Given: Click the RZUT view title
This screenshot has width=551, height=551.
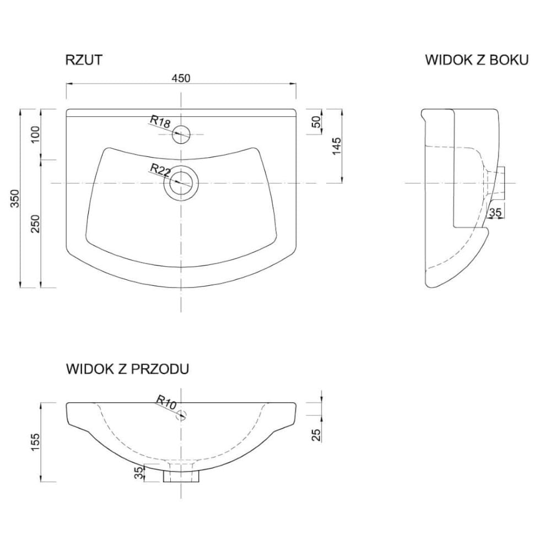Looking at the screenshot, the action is pos(84,60).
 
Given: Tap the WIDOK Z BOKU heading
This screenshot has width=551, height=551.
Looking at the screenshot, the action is pos(477,60).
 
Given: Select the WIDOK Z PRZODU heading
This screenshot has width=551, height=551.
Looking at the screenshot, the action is pos(128,369).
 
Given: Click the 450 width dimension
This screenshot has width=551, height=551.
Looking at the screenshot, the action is pos(181,78).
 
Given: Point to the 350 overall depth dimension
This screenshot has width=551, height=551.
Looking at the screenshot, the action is pos(15,198).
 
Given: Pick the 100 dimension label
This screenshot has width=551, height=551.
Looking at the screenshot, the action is pos(36,134).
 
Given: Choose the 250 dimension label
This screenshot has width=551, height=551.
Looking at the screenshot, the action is pos(36,224).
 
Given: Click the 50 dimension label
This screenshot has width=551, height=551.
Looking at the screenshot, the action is pos(317,122).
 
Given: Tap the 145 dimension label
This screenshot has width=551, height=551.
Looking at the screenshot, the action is pos(337,146).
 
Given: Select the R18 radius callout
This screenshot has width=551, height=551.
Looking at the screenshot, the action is pos(160,122).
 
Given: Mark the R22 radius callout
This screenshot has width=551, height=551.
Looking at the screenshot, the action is pos(160,170).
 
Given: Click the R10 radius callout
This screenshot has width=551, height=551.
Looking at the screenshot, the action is pos(166,403).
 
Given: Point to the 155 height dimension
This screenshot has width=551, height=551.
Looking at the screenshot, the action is pos(36,442).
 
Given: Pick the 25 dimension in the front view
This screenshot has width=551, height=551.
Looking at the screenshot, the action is pos(317,435).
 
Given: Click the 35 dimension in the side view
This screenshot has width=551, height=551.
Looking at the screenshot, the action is pos(495,212).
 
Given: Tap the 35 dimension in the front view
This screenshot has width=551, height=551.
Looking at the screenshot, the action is pos(139,473).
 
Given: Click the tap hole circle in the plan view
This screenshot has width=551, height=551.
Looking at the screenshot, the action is pos(181,134).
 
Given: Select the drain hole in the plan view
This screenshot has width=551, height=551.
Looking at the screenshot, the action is pos(181,183).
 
